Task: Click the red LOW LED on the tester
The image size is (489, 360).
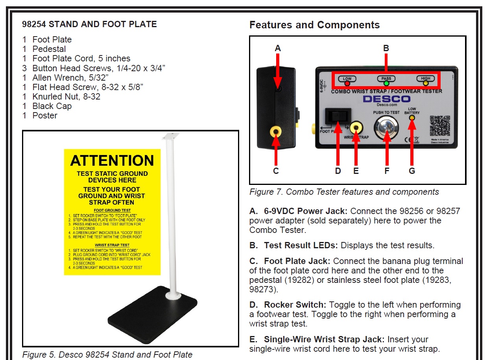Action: (347, 83)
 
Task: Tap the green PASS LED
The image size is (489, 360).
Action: (387, 83)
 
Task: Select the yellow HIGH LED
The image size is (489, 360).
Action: (426, 83)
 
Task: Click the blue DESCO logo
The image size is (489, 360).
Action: (386, 99)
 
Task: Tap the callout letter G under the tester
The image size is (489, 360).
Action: (412, 171)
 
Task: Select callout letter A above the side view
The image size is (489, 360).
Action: (278, 48)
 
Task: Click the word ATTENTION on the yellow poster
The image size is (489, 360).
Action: (112, 161)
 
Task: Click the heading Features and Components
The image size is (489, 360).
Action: (314, 25)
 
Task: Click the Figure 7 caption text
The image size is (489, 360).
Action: (344, 192)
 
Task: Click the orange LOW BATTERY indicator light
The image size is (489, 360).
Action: (412, 118)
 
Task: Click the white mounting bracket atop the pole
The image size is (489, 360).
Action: (170, 136)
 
